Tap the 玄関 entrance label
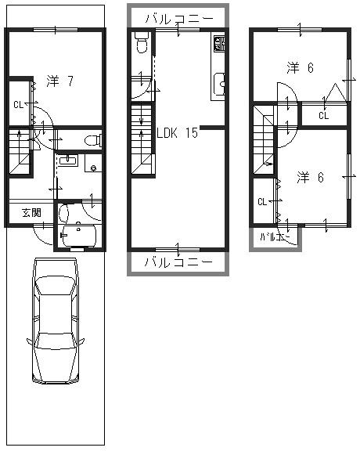point(31,212)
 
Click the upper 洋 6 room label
point(300,68)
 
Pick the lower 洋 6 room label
point(310,177)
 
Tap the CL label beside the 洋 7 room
point(17,104)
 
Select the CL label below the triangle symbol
point(323,116)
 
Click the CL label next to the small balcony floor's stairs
point(261,201)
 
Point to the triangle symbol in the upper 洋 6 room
point(333,93)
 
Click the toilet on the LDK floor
point(141,43)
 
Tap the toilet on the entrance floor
point(92,141)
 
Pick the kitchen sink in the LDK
point(219,82)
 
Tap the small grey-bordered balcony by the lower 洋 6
point(275,238)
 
